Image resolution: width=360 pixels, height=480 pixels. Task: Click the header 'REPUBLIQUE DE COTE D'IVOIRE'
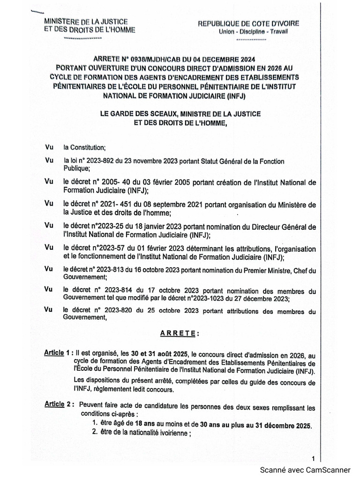[249, 23]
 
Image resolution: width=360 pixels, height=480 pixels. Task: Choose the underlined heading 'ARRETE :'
[180, 333]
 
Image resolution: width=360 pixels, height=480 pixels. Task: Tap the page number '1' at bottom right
[313, 458]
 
